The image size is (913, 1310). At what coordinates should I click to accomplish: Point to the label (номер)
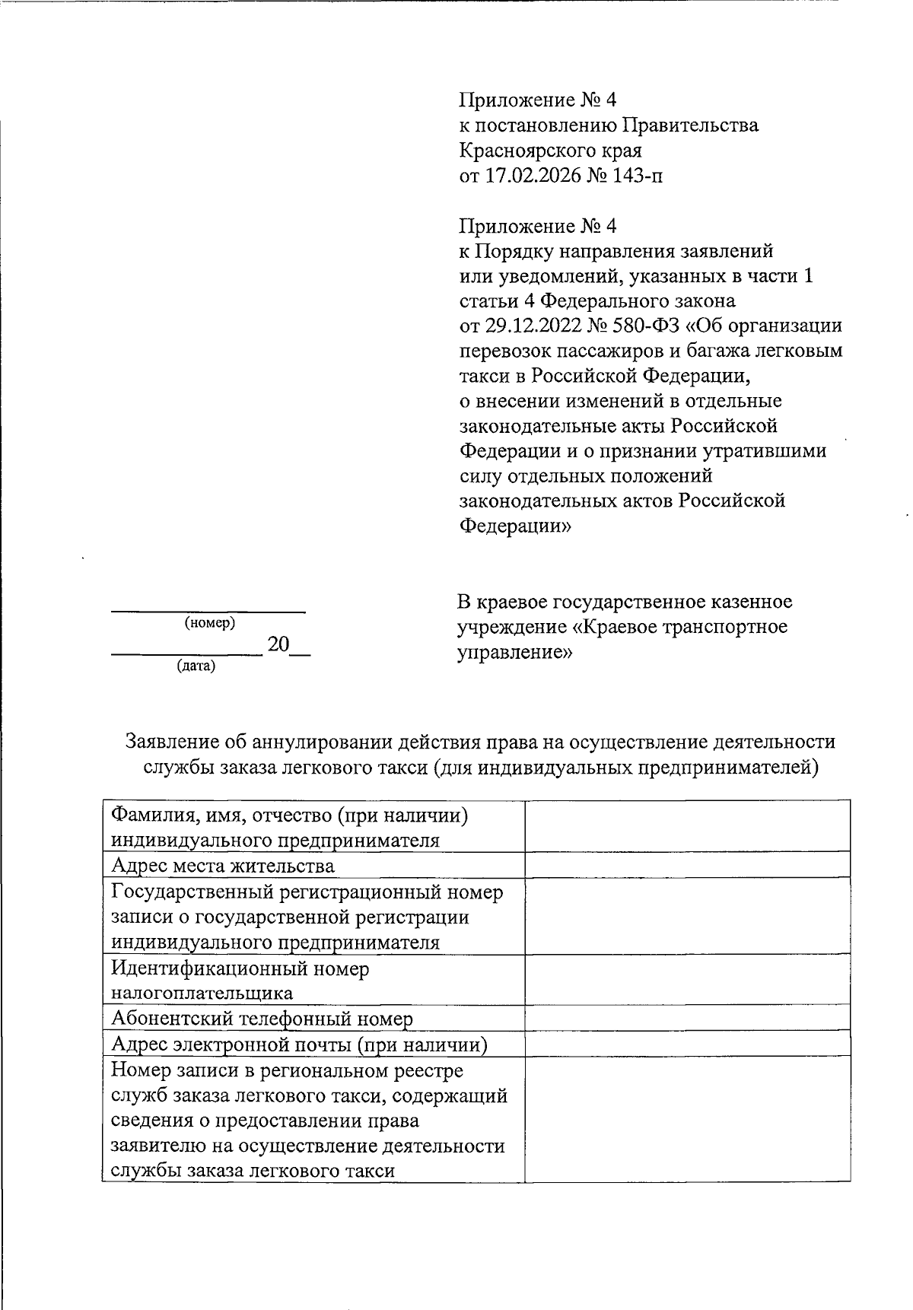[209, 623]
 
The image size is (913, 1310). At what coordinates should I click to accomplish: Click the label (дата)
[196, 666]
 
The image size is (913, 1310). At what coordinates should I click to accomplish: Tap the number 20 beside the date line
[278, 645]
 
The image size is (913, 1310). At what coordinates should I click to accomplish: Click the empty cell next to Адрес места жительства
[687, 865]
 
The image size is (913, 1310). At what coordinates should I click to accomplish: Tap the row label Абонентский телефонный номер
[262, 1019]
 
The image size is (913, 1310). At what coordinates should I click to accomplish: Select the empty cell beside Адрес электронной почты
[687, 1044]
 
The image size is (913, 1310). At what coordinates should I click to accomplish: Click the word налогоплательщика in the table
[202, 993]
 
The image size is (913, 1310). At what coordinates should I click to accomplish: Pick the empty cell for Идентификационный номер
[687, 980]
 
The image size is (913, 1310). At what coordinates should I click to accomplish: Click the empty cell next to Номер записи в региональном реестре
[687, 1118]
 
